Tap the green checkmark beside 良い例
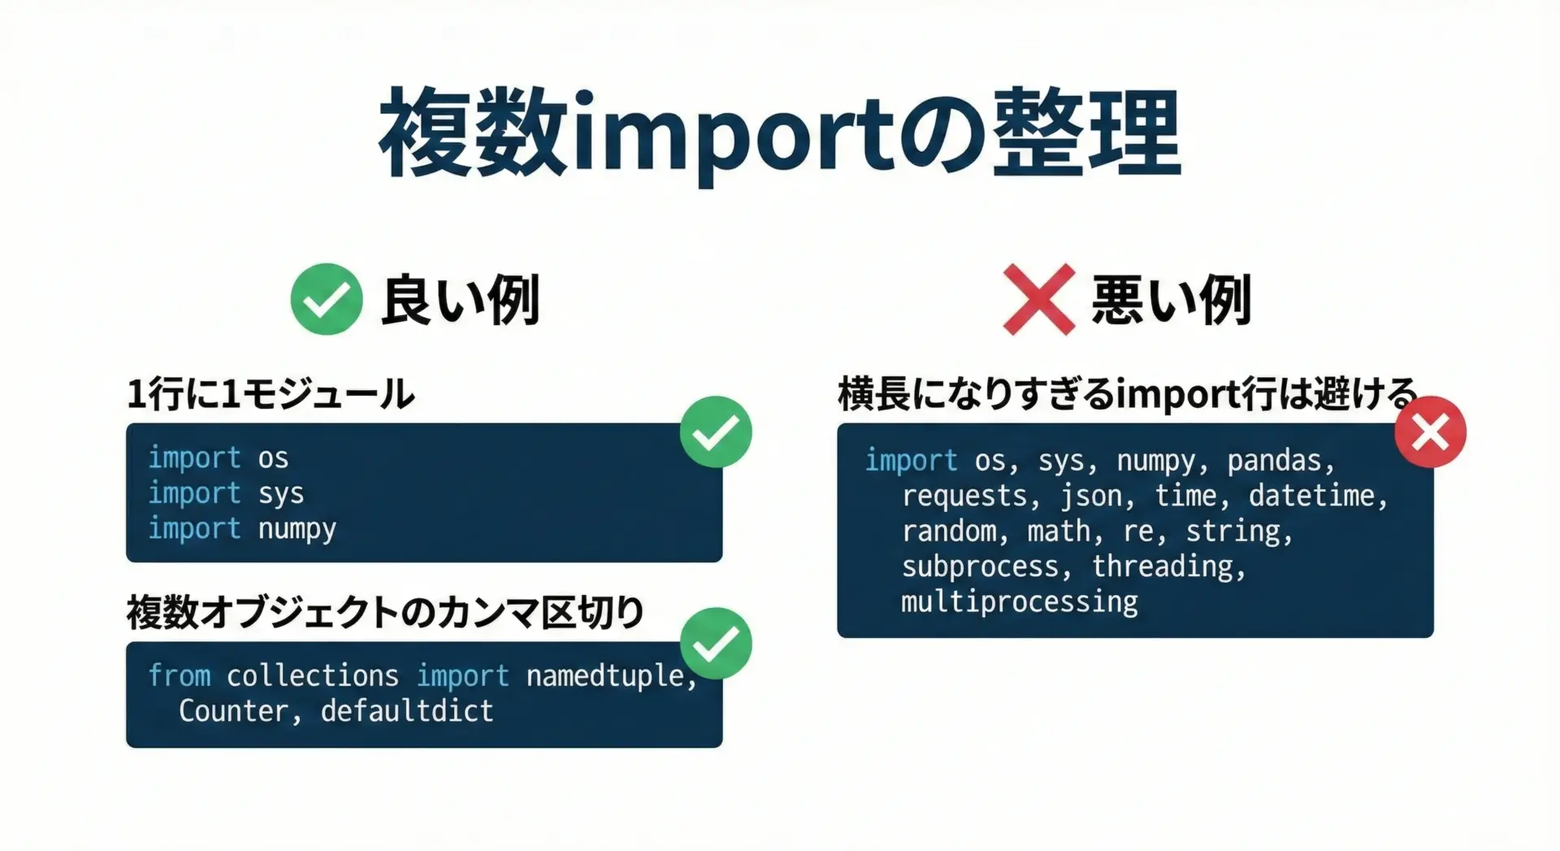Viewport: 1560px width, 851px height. pos(327,299)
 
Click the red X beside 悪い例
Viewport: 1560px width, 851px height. pos(1039,299)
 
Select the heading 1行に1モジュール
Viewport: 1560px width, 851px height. pos(271,394)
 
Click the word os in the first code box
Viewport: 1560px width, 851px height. pos(273,458)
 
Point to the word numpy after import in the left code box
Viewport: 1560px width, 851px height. pos(297,529)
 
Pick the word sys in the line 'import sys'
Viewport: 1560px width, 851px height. pos(281,494)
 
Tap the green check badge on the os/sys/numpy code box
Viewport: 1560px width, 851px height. pos(716,432)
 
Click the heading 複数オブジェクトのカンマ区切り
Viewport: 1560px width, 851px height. pos(385,612)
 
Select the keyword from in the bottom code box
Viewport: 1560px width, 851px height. pos(180,675)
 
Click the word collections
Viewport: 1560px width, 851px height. pos(313,675)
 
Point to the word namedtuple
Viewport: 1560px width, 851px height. pos(606,676)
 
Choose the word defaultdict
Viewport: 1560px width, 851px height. pos(407,711)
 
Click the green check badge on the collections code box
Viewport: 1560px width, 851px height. pos(716,643)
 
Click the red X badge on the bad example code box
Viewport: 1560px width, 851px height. pos(1431,432)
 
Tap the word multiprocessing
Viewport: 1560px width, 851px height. pos(1020,602)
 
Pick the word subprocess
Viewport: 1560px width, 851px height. pos(981,567)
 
